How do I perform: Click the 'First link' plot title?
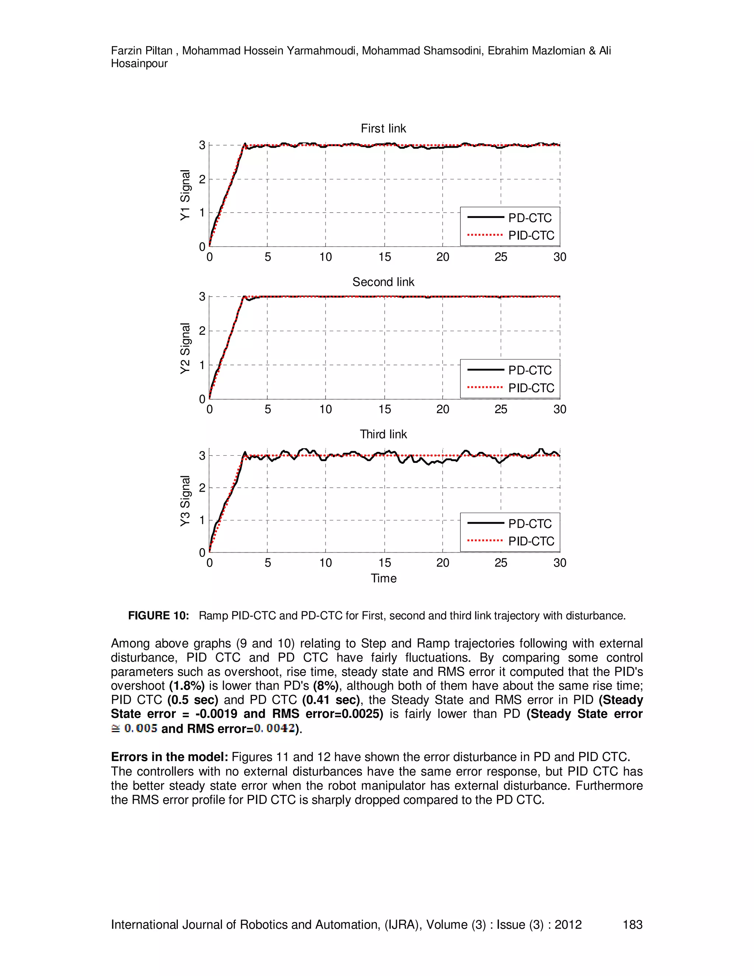pyautogui.click(x=383, y=129)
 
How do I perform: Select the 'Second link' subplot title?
pyautogui.click(x=383, y=282)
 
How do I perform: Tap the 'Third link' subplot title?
pyautogui.click(x=383, y=434)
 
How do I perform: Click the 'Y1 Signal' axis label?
pyautogui.click(x=185, y=195)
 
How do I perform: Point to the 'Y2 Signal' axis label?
pyautogui.click(x=185, y=348)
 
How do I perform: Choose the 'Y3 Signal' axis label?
pyautogui.click(x=185, y=501)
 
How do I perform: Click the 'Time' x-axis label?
pyautogui.click(x=383, y=578)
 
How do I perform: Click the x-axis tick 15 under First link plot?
pyautogui.click(x=384, y=257)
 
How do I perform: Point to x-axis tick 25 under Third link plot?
pyautogui.click(x=501, y=563)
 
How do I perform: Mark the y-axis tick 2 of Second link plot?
pyautogui.click(x=202, y=331)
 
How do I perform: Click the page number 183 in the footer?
pyautogui.click(x=632, y=924)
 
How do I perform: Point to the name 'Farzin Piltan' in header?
pyautogui.click(x=141, y=51)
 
